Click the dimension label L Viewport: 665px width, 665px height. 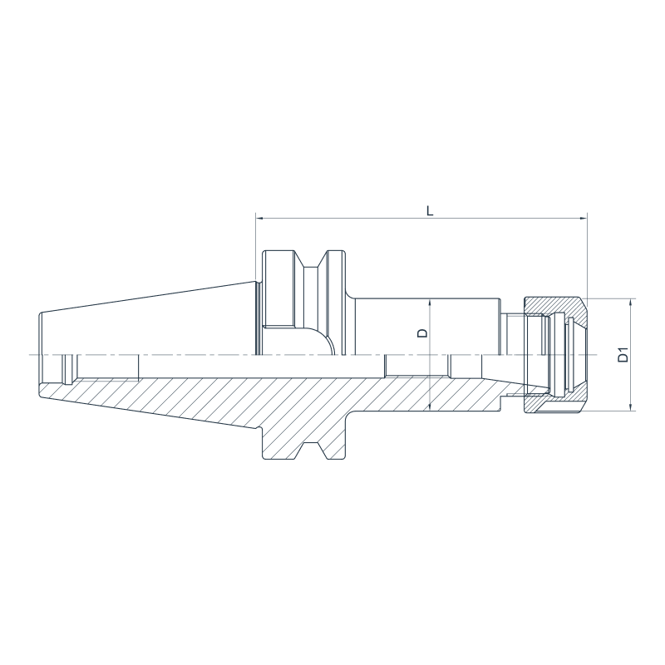pyautogui.click(x=430, y=211)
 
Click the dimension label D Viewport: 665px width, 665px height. pyautogui.click(x=422, y=333)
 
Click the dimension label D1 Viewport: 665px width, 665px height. pyautogui.click(x=623, y=355)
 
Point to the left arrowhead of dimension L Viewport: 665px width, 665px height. pyautogui.click(x=259, y=219)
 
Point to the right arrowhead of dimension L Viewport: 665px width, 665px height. pyautogui.click(x=584, y=219)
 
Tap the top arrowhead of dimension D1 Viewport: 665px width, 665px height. pyautogui.click(x=632, y=303)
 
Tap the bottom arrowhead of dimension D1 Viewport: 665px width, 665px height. pyautogui.click(x=632, y=406)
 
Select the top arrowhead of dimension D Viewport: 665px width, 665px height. pyautogui.click(x=430, y=303)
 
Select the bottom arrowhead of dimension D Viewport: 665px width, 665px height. pyautogui.click(x=430, y=406)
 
